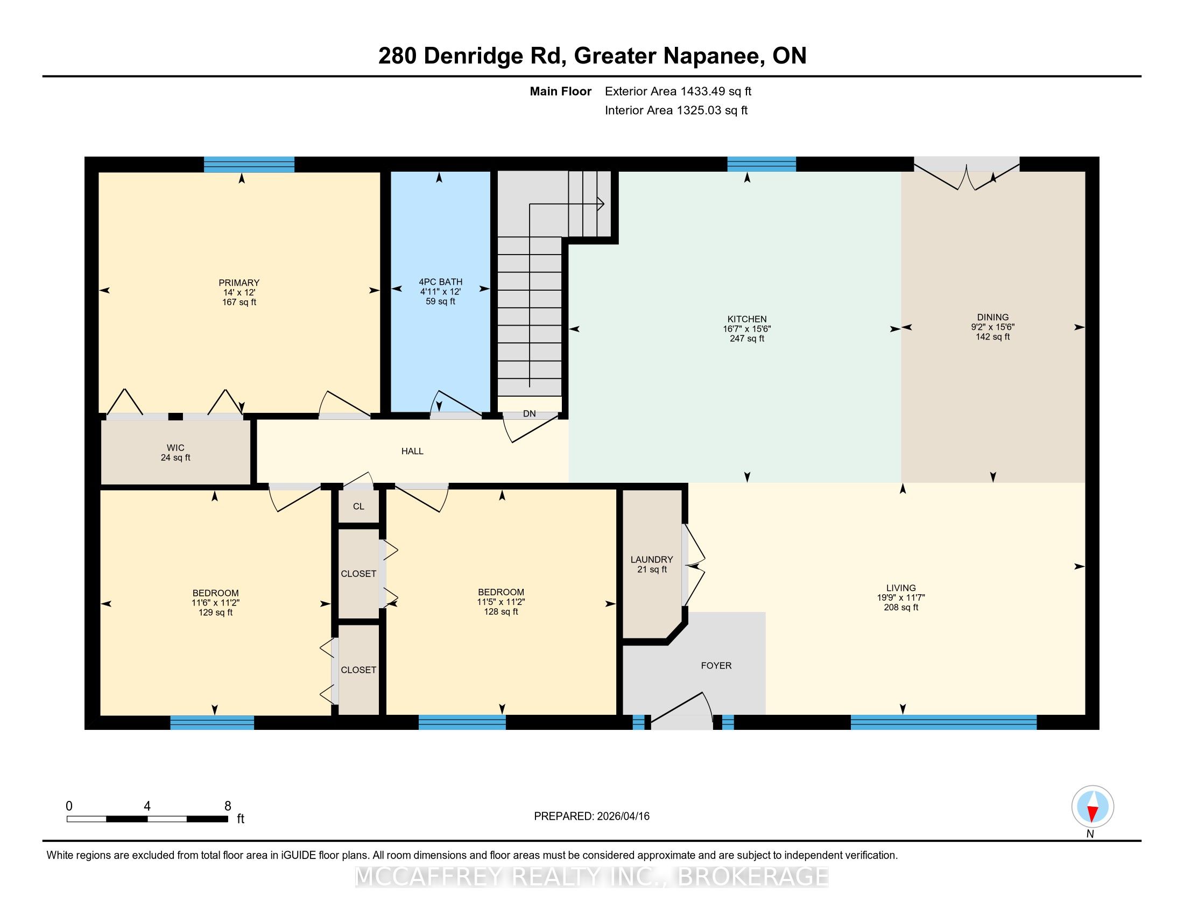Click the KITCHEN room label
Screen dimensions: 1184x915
(x=747, y=319)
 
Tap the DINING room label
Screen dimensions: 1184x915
(x=992, y=318)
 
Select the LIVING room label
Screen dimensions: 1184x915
(x=901, y=588)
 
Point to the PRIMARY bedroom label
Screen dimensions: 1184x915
(x=239, y=283)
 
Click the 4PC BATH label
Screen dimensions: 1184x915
(x=441, y=282)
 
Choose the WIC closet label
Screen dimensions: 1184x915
(x=175, y=448)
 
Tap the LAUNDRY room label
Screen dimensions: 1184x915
(x=652, y=559)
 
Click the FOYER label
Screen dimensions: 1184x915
(x=716, y=666)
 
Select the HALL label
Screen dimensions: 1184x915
(x=412, y=451)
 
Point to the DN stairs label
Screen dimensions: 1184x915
(x=529, y=413)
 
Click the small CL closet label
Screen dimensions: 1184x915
(x=358, y=506)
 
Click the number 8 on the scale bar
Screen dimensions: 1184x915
(x=228, y=806)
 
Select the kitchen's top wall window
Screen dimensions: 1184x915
(x=761, y=164)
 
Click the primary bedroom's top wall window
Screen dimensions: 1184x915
(x=249, y=164)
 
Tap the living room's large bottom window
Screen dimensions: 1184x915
(x=943, y=722)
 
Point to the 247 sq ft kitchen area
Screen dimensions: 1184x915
(x=747, y=339)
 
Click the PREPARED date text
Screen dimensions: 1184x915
(x=591, y=817)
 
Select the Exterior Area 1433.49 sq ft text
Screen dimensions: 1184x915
(x=678, y=91)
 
